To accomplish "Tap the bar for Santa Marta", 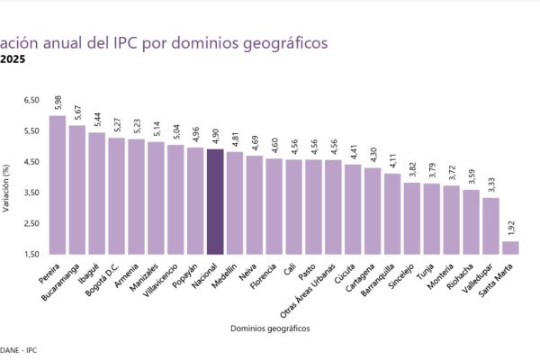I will pos(510,247).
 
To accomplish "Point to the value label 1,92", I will pos(510,229).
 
